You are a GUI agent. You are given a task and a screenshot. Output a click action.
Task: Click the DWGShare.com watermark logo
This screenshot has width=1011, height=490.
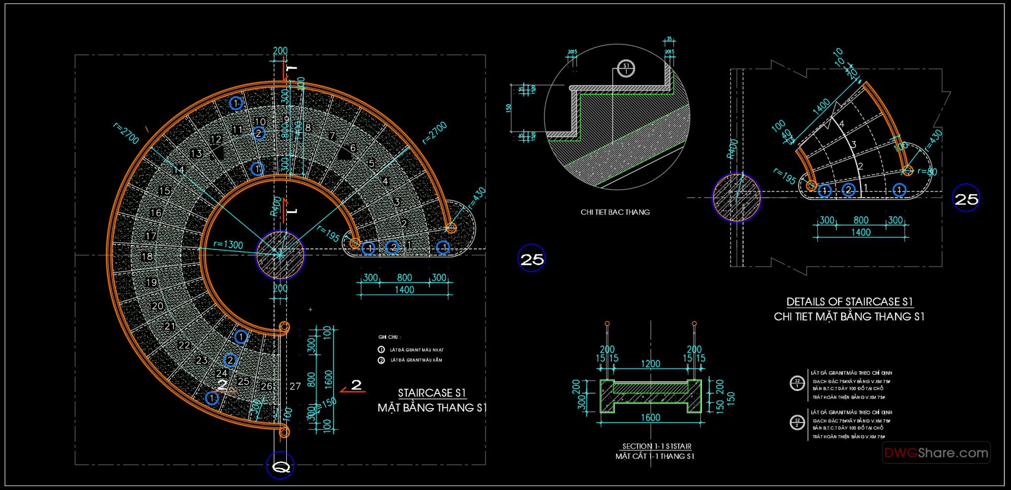tap(936, 452)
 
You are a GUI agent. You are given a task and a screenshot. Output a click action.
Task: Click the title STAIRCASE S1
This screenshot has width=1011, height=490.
tap(432, 393)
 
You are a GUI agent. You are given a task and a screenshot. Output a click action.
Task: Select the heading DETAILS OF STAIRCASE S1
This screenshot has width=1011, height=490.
tap(849, 301)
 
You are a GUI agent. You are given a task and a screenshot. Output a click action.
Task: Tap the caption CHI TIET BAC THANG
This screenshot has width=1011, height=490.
tap(615, 212)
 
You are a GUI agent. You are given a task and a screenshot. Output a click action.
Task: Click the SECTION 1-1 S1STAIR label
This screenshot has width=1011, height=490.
tap(657, 446)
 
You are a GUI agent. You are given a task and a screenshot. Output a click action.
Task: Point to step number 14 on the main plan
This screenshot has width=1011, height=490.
tap(179, 170)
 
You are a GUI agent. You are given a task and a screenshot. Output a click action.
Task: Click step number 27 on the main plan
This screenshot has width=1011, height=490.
tap(295, 386)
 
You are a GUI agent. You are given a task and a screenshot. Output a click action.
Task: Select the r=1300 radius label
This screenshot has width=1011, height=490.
tap(228, 244)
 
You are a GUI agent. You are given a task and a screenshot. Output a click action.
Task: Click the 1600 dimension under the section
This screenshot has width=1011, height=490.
tap(650, 417)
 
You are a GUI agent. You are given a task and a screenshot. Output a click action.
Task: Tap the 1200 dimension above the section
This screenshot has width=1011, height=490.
tap(650, 364)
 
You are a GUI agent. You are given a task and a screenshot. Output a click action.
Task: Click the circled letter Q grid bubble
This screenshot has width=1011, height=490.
tap(280, 466)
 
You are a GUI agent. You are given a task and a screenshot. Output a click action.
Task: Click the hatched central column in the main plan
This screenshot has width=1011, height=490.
tap(280, 255)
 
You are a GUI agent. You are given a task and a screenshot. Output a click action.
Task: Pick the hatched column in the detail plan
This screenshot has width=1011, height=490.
tap(736, 198)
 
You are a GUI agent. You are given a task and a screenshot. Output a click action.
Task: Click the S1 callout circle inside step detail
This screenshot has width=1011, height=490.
tap(626, 68)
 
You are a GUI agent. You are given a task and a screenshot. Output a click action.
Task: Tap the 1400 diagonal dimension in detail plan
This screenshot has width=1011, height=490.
tap(821, 108)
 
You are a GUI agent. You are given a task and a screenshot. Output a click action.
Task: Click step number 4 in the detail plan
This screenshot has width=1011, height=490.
tap(842, 123)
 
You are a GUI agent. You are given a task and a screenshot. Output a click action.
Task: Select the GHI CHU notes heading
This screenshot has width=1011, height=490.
tap(389, 337)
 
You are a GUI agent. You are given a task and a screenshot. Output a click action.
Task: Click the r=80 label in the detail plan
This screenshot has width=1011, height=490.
tap(927, 171)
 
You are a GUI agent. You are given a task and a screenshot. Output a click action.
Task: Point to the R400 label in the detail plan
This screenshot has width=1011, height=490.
tap(733, 148)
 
